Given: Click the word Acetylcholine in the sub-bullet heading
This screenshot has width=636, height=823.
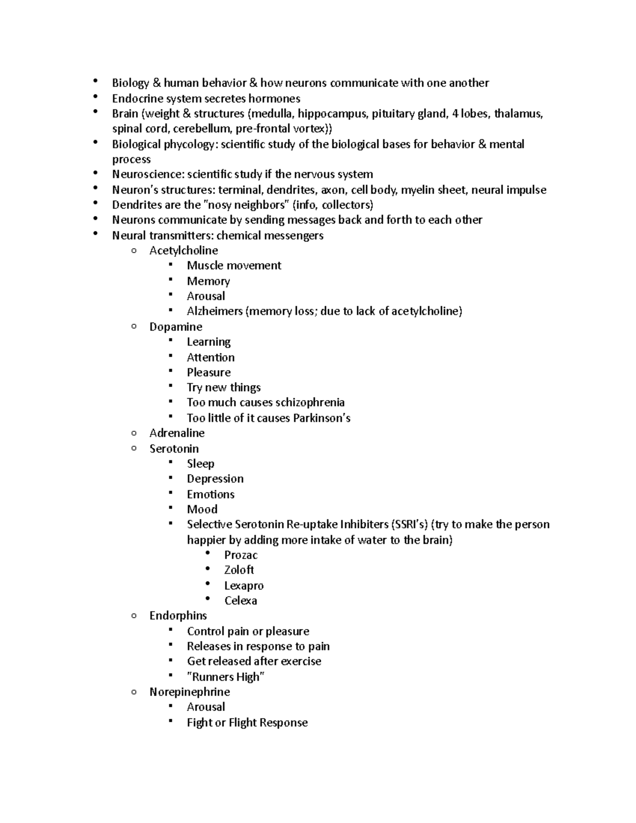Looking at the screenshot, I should (183, 250).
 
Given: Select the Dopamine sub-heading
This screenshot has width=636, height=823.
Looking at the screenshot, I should (175, 326).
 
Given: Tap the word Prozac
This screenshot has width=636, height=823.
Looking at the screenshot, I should (241, 555).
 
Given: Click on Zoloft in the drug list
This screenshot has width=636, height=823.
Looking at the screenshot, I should (239, 570).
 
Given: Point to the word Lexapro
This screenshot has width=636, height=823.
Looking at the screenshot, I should (244, 586).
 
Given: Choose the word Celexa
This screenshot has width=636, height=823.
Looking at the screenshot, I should (241, 600).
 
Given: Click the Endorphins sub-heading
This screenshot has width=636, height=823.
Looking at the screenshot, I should (178, 615).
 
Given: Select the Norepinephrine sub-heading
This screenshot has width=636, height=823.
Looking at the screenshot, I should (189, 692).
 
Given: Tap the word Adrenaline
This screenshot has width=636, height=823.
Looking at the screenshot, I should (176, 433).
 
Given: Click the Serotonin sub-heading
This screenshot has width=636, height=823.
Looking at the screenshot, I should (174, 448).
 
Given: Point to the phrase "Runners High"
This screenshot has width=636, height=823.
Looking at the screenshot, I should (226, 677).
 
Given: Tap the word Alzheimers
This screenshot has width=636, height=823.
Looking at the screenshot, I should (215, 311).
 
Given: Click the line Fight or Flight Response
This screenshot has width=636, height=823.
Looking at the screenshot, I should (247, 722).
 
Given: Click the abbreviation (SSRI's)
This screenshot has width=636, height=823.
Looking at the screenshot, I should (410, 525).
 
